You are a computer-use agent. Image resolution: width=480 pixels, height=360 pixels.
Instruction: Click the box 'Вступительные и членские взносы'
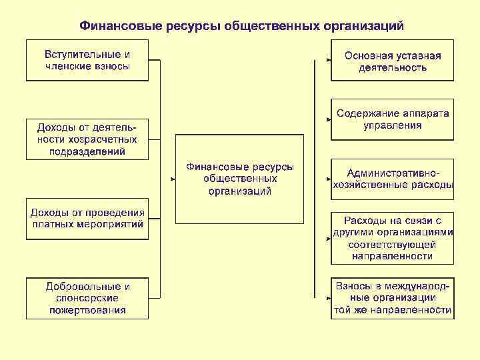87,60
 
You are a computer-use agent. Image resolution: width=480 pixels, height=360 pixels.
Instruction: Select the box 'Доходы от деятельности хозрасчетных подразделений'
87,139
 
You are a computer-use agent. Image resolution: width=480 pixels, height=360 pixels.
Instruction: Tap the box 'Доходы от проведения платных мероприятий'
87,219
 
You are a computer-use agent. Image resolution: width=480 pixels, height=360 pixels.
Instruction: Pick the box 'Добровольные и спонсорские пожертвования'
87,298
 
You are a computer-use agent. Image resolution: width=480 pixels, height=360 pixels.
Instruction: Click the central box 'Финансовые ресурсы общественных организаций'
239,179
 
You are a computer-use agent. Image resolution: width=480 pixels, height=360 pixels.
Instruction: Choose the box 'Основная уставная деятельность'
392,60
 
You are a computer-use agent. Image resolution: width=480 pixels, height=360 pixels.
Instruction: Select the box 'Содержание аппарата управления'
392,119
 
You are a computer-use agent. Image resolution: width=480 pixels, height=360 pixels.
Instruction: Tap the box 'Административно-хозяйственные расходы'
392,179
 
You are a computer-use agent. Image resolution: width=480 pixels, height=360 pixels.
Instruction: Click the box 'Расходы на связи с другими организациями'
392,238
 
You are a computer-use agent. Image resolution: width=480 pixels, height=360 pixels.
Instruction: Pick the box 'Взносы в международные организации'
392,298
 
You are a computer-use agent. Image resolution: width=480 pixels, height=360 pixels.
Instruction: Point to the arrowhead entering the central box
172,179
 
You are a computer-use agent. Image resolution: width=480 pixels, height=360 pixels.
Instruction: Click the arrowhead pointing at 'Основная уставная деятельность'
328,61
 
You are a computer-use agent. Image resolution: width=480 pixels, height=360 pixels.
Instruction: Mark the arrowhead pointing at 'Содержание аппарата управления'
328,120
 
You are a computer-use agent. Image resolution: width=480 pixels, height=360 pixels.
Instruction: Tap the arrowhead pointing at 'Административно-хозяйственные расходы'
328,179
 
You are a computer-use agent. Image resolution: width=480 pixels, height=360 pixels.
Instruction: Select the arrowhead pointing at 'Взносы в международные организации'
328,298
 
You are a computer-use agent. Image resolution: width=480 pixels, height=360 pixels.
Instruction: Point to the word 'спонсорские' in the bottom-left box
87,298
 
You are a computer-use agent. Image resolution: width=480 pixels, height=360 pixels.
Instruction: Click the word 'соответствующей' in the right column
392,244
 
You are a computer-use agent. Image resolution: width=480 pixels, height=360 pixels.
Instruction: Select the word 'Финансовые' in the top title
117,26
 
